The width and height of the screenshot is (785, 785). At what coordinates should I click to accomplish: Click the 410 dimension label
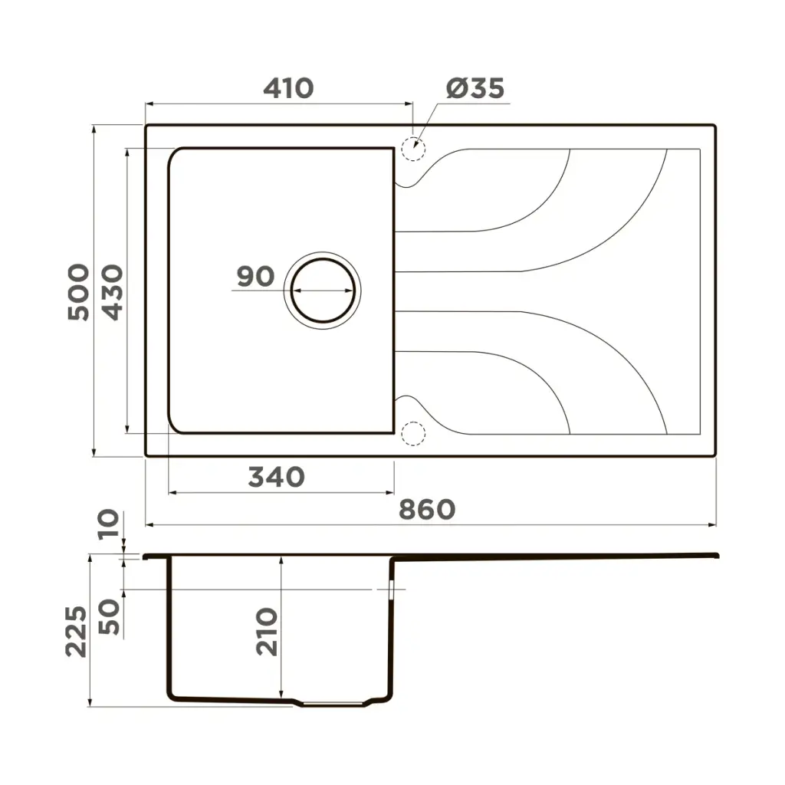288,89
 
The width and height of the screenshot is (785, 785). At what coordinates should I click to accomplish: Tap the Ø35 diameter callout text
475,89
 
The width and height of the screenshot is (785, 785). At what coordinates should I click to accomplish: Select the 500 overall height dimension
79,292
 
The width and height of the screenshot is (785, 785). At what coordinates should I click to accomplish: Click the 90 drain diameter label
256,276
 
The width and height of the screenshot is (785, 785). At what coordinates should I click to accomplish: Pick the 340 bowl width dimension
276,477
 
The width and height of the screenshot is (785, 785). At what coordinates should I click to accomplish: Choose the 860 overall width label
427,510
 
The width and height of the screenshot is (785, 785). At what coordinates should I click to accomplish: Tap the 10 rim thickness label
109,524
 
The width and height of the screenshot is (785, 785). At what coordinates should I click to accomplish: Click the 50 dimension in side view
109,617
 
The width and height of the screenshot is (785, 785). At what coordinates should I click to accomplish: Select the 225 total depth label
76,632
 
